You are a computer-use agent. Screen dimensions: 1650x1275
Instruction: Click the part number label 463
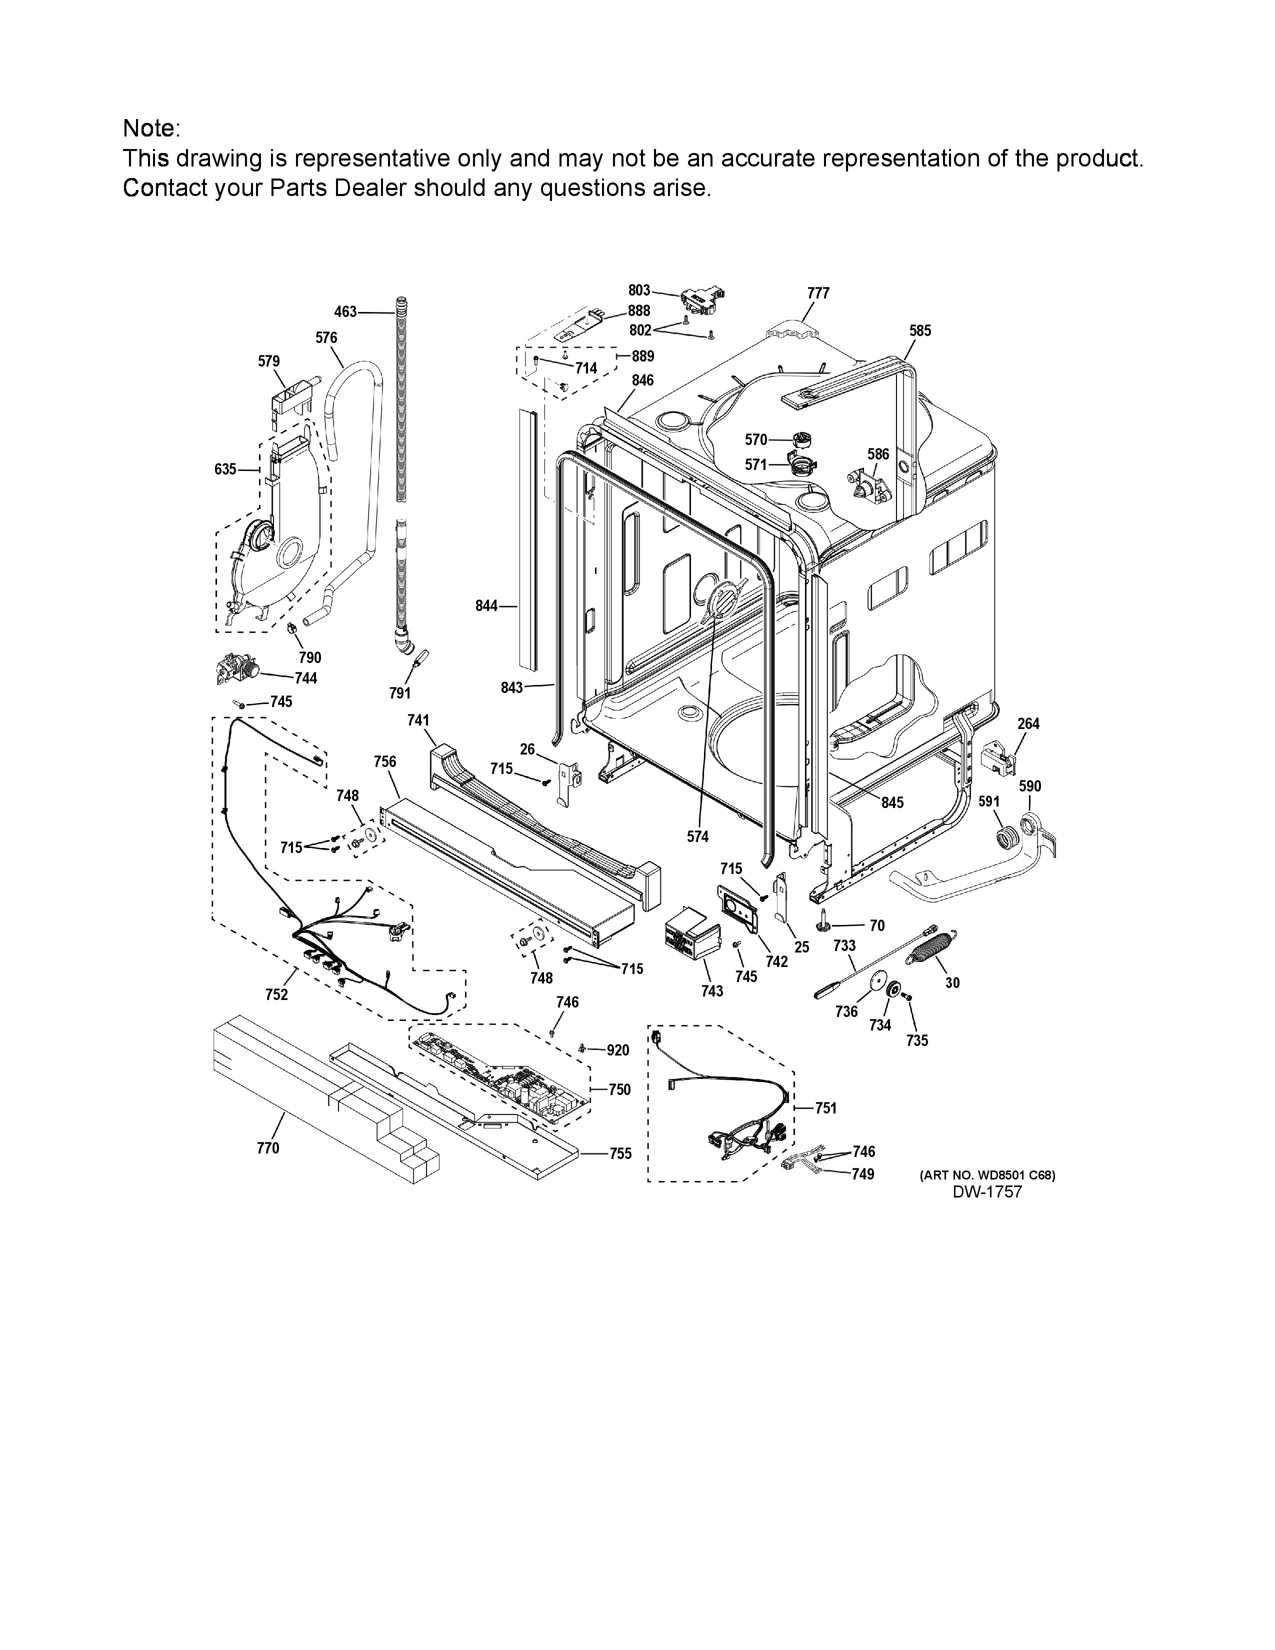345,311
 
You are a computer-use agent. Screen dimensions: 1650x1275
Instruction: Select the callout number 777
818,293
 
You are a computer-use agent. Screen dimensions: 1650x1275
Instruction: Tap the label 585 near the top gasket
920,331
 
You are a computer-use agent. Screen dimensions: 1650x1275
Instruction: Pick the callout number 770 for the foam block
268,1148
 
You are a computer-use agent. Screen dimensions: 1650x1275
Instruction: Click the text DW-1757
987,1191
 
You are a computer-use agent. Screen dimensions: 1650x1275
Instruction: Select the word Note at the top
150,128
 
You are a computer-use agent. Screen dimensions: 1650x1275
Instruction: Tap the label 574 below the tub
698,836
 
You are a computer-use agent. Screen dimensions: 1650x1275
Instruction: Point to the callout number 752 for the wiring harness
276,994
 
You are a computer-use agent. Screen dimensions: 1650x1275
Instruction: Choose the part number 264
1028,724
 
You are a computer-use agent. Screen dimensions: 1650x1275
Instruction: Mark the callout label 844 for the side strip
486,606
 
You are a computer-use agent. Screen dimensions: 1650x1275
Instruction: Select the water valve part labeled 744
236,669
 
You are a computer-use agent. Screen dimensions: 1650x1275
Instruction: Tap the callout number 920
618,1050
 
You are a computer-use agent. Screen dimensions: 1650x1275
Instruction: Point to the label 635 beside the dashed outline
225,469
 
